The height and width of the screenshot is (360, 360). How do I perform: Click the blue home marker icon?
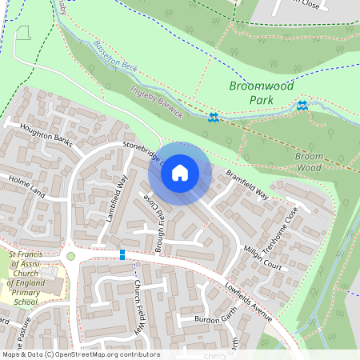[x=180, y=173]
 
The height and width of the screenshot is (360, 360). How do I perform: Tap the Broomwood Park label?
[x=261, y=92]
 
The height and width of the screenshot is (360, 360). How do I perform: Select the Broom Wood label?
[x=309, y=162]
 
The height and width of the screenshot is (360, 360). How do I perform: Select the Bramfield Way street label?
[x=247, y=183]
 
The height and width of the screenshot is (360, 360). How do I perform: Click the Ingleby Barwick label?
[x=157, y=102]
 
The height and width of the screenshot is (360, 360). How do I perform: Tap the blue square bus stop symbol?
[x=122, y=254]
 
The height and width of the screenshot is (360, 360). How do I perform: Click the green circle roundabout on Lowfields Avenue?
[x=70, y=256]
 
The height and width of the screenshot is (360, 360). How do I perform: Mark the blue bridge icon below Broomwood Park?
[x=302, y=105]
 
